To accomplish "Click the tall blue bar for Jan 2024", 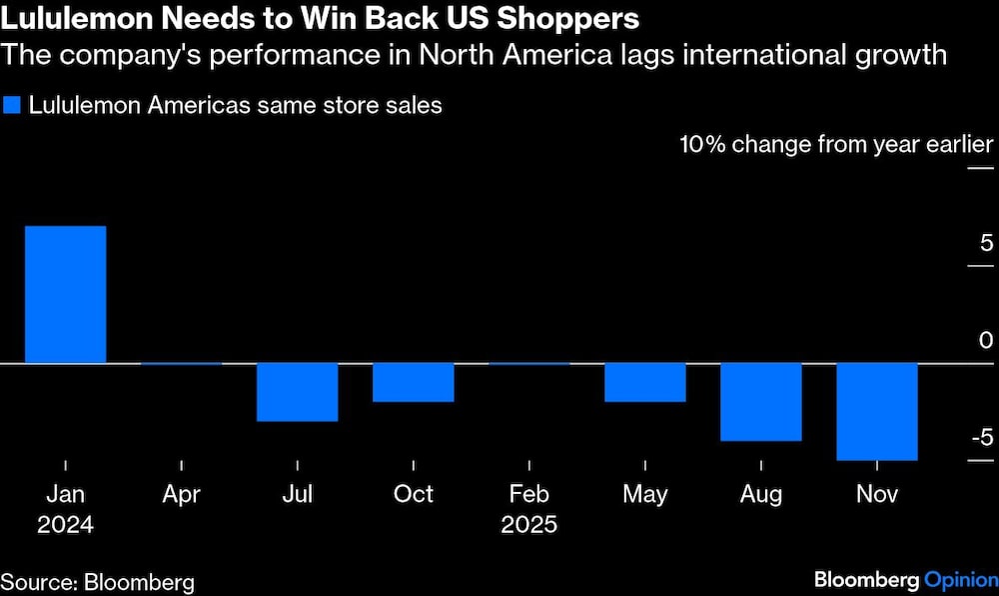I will coord(65,294).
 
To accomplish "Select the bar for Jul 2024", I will coord(297,392).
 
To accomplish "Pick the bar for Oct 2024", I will coord(413,382).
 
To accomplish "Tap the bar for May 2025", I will coord(644,382).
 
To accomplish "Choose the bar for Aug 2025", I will coord(760,401).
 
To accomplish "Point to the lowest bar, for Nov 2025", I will coord(876,411).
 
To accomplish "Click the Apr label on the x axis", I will coord(181,494).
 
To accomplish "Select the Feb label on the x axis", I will coord(528,494).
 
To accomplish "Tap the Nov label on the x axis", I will coord(876,494).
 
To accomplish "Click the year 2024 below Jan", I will coord(65,525).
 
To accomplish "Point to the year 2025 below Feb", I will coord(528,525).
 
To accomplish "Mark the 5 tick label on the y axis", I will coord(986,243).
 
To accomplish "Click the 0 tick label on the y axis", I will coord(986,340).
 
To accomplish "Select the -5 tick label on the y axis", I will coord(982,437).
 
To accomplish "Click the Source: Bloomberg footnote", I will coord(97,582).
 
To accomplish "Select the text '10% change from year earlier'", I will coord(836,144).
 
